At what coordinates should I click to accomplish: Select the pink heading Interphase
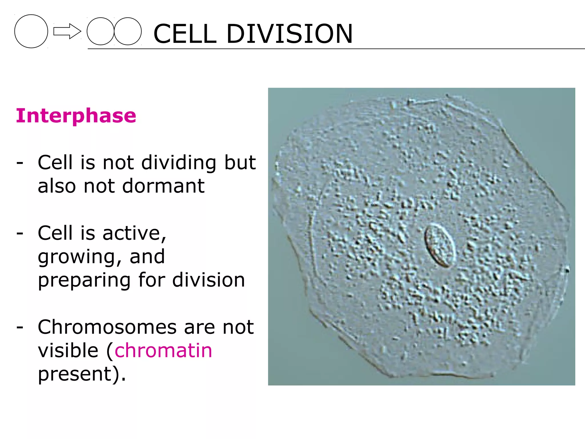(76, 116)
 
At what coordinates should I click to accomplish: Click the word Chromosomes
(107, 327)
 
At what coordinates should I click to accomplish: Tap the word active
(134, 233)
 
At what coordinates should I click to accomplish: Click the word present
(75, 374)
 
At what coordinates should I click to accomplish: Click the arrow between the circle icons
(67, 31)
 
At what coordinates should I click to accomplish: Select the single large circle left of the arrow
(31, 31)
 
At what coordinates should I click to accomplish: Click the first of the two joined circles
(100, 31)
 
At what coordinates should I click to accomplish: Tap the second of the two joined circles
(128, 31)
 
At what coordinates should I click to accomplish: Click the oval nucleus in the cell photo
(440, 246)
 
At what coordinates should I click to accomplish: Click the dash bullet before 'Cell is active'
(20, 233)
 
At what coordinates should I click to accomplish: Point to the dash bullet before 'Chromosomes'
(20, 327)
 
